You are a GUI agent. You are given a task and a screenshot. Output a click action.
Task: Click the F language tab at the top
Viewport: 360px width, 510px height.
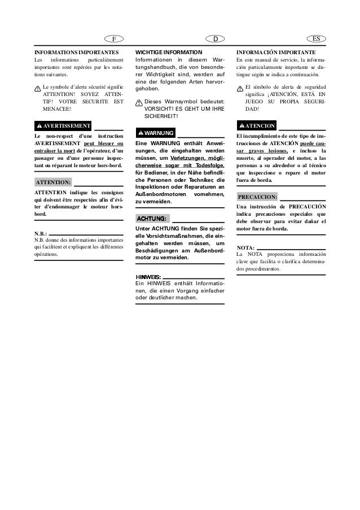coord(114,39)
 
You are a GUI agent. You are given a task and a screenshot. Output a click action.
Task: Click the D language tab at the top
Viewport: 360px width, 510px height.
coord(215,39)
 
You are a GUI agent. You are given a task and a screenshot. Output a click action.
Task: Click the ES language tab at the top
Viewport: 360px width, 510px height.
coord(316,39)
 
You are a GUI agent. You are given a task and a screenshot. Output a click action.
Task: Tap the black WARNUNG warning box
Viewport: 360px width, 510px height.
coord(155,133)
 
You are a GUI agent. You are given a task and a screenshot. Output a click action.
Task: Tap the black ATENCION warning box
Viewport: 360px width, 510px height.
coord(257,125)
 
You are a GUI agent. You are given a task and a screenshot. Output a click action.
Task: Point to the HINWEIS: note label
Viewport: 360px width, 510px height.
coord(148,277)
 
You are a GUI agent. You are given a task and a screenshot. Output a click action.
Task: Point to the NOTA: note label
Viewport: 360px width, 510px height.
coord(245,248)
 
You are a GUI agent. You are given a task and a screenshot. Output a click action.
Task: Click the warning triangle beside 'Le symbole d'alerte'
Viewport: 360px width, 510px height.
coord(38,88)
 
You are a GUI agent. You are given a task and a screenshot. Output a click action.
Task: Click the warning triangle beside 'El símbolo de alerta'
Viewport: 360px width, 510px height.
coord(240,88)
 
